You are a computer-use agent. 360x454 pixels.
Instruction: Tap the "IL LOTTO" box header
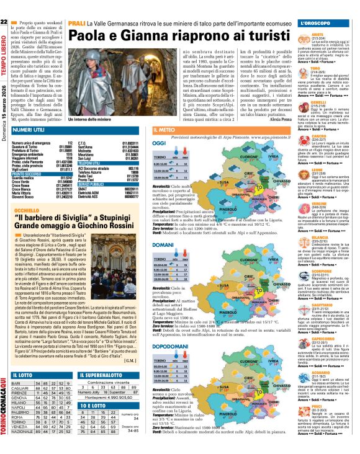pos(24,358)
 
